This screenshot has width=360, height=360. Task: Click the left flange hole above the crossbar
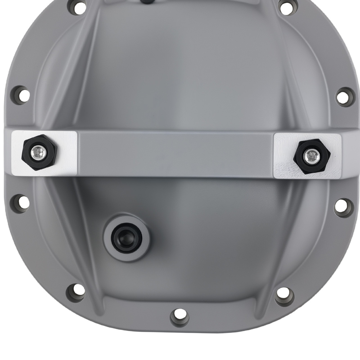tap(21, 95)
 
